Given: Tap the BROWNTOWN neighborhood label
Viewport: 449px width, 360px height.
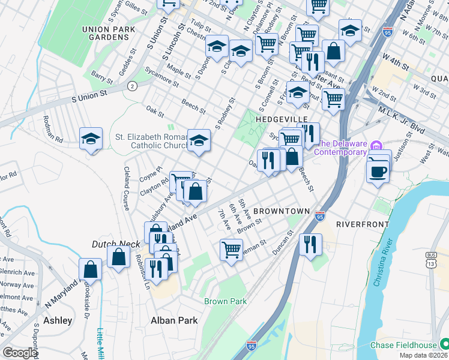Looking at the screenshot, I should tap(282, 211).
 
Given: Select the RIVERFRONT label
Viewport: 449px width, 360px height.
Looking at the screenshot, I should tap(360, 223).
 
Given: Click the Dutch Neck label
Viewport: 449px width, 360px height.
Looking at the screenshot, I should tap(115, 244).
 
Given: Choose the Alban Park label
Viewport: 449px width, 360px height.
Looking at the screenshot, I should tap(174, 320).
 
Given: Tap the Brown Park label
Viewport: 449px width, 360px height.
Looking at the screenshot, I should tap(226, 301).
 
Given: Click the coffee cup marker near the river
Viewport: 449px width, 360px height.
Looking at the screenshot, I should tap(378, 171).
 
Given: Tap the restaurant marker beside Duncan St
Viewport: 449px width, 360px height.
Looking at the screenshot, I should tap(310, 244).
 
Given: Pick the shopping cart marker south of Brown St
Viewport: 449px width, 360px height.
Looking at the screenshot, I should tap(231, 248).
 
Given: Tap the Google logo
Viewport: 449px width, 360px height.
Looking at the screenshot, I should tap(20, 352).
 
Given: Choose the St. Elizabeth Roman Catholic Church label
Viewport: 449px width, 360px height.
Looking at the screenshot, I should tap(151, 140).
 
